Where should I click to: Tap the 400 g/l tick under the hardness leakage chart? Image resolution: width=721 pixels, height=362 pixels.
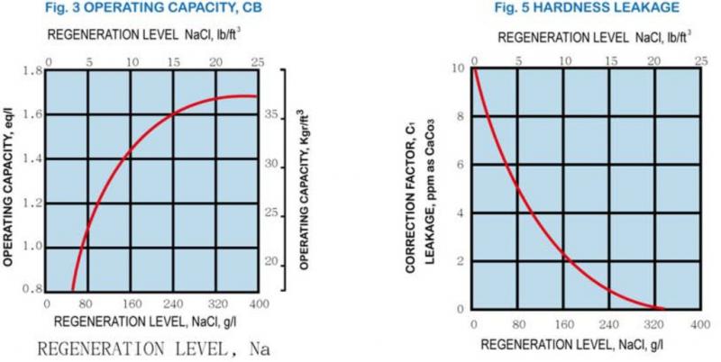click(x=699, y=323)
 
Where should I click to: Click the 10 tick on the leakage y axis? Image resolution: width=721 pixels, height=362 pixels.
click(x=460, y=68)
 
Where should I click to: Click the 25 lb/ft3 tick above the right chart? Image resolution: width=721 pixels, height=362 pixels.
click(x=699, y=60)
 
